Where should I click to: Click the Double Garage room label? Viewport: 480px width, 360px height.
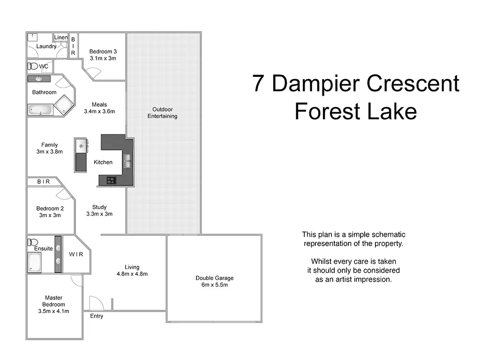(214, 278)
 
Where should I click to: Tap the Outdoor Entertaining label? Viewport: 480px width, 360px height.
(162, 112)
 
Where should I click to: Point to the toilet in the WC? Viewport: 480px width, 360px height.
(33, 66)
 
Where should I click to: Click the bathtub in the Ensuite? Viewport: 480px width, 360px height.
(35, 262)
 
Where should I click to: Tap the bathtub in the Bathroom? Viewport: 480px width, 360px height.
(40, 110)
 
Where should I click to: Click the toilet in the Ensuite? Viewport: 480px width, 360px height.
(32, 242)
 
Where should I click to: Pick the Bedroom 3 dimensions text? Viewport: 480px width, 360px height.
(103, 59)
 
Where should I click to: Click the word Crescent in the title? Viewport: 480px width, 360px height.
(412, 83)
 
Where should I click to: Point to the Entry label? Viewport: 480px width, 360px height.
(97, 316)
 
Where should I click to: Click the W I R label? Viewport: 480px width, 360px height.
(76, 255)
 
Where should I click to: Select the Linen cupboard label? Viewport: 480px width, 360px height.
(61, 37)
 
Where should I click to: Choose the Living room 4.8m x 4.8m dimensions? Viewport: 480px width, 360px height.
(132, 274)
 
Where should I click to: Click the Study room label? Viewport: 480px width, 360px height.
(99, 207)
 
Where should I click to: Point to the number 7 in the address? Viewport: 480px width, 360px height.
(258, 83)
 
